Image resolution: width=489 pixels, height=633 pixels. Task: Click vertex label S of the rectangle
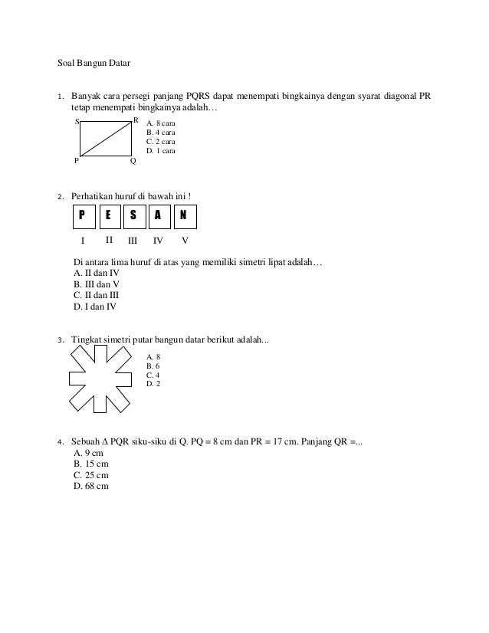click(x=77, y=122)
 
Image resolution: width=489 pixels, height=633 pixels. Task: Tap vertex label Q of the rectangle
click(x=133, y=162)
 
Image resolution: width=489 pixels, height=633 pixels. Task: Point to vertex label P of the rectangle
click(x=76, y=162)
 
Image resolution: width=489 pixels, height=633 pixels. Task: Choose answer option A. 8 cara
click(x=161, y=123)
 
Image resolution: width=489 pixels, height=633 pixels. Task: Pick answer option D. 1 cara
click(x=161, y=151)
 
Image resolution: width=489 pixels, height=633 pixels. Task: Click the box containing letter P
click(x=84, y=217)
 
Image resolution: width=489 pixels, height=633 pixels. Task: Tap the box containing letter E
click(x=109, y=217)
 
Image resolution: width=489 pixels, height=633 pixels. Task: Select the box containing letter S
click(x=134, y=217)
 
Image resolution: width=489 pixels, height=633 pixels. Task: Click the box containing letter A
click(x=159, y=217)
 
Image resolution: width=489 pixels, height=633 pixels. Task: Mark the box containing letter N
click(x=183, y=217)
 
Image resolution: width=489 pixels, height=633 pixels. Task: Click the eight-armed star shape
click(x=103, y=377)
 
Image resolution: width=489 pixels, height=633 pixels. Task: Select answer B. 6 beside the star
click(x=153, y=366)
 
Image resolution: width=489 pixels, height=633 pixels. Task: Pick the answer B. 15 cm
click(x=90, y=464)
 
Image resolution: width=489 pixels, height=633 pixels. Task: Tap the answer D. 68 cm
click(x=90, y=486)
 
